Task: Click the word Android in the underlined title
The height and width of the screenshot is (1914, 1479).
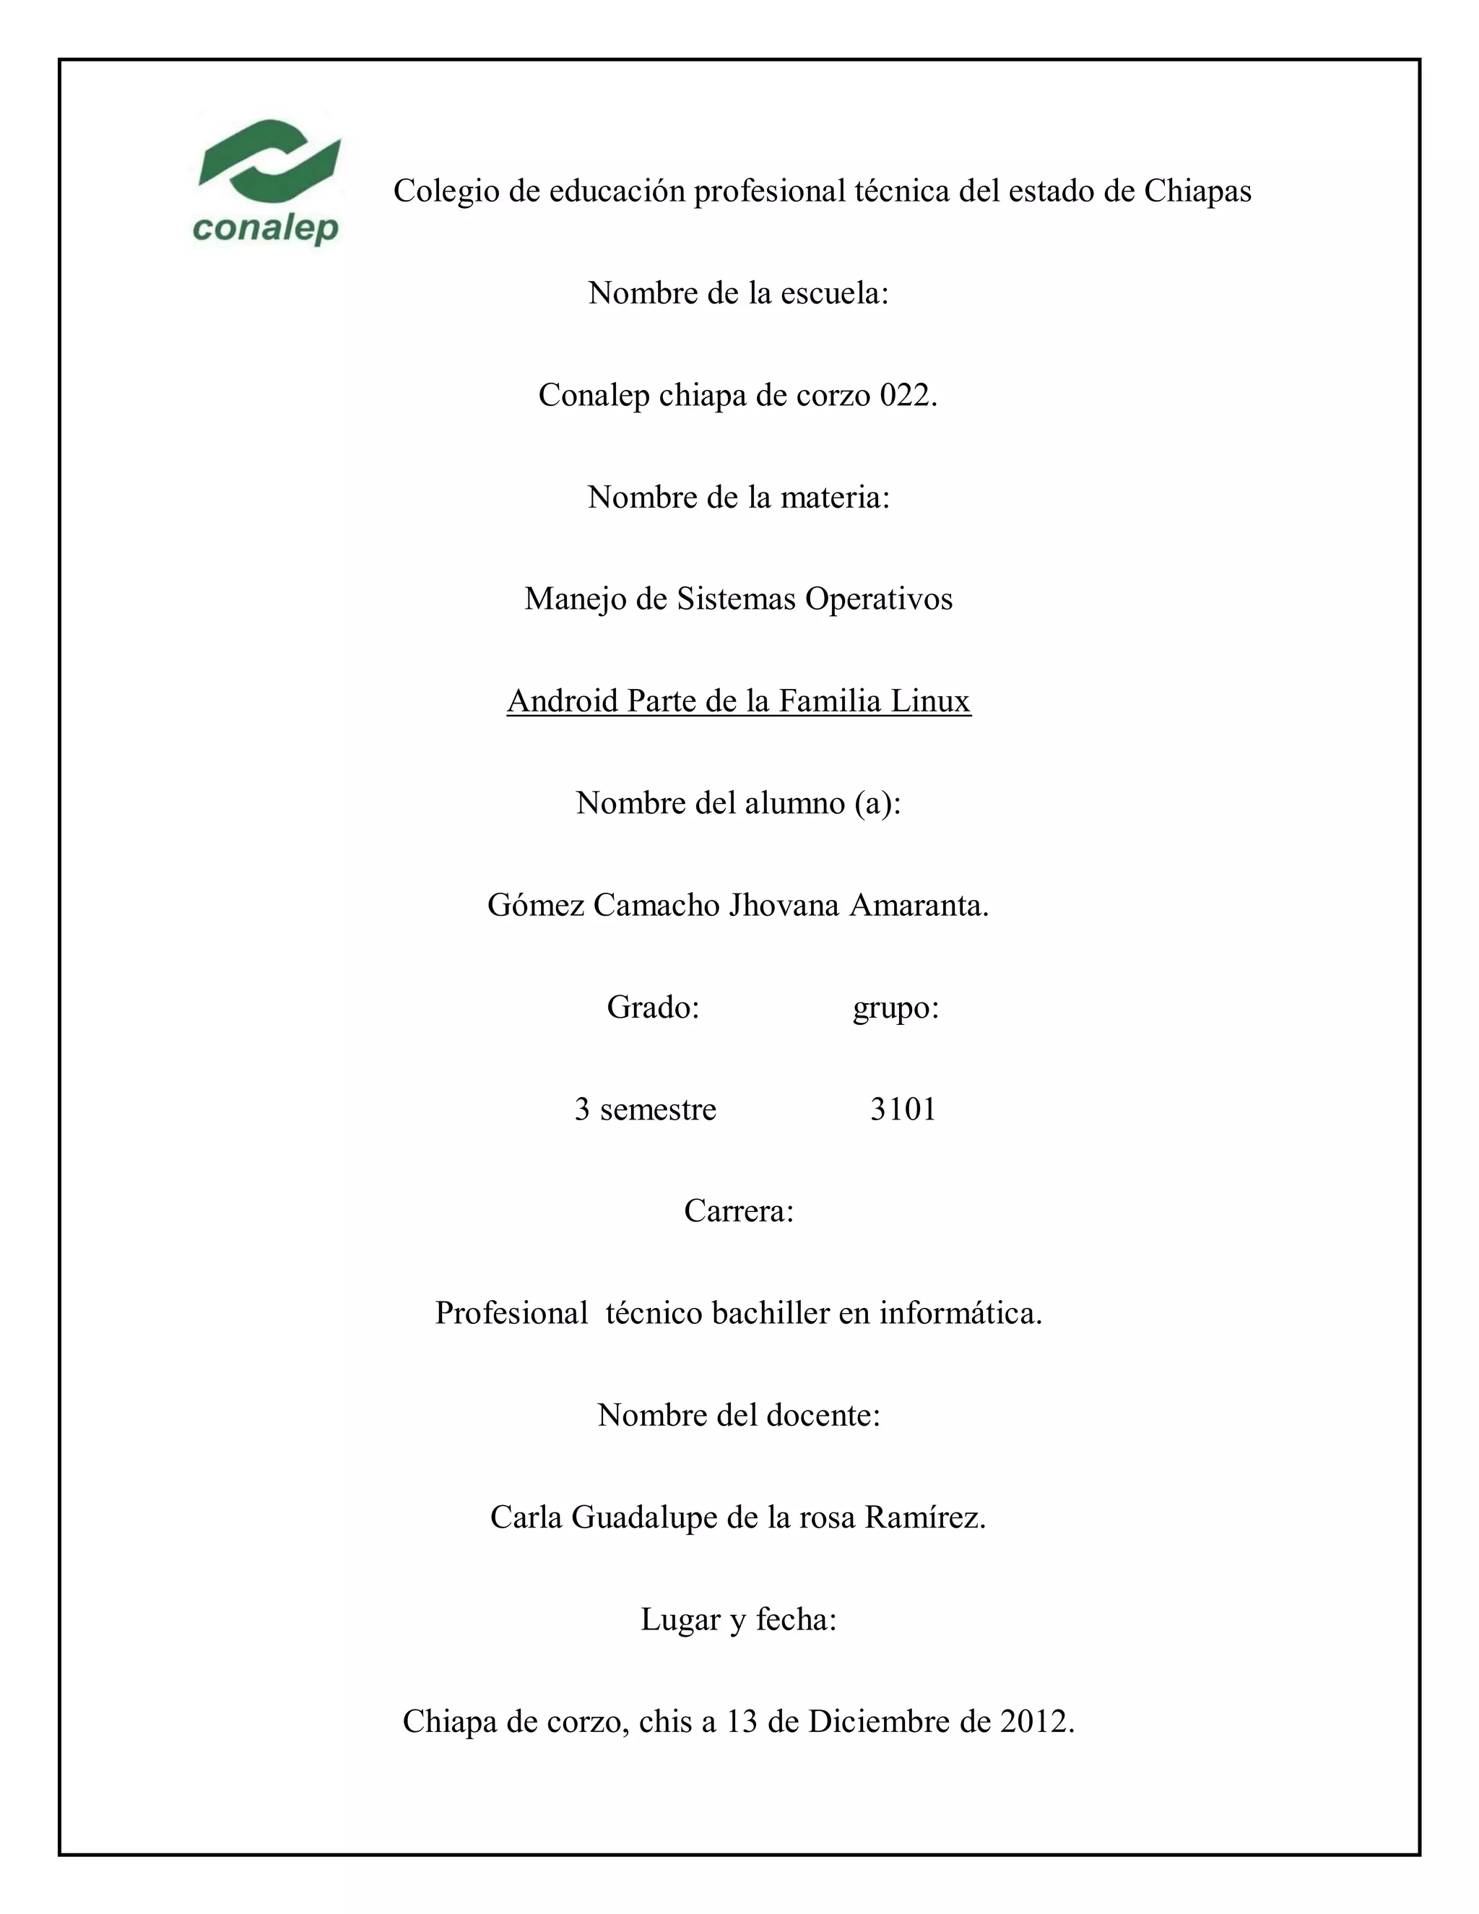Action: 563,701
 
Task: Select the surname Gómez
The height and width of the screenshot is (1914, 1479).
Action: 535,904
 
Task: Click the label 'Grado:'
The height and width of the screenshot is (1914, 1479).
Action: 653,1008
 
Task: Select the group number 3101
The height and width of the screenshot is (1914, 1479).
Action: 903,1109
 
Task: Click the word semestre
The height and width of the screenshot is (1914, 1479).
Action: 658,1109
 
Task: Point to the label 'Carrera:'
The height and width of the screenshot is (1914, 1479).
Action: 739,1211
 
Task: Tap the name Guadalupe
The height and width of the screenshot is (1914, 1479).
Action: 645,1517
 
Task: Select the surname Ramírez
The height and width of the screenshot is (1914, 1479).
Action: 925,1517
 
